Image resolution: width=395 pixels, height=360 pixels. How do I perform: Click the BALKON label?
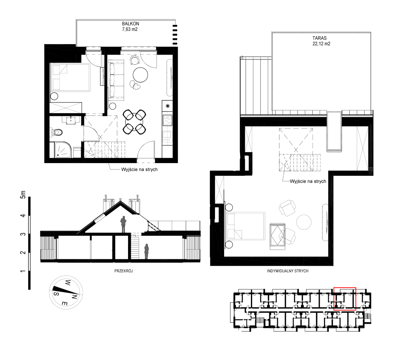tap(130, 24)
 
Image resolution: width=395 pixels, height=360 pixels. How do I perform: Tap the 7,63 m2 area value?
tap(130, 29)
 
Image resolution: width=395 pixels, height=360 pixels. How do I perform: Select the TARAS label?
tap(319, 38)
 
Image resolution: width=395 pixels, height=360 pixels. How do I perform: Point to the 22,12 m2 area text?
tap(321, 44)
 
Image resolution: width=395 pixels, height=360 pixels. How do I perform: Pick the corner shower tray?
tap(63, 150)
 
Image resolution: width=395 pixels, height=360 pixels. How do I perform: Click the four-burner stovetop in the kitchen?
tap(167, 120)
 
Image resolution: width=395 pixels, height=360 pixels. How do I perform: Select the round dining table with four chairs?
tap(134, 122)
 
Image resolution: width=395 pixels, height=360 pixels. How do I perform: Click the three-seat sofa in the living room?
tap(117, 79)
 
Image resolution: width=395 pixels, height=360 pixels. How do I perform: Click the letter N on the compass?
tap(74, 297)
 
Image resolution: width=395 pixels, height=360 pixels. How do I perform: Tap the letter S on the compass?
tap(57, 294)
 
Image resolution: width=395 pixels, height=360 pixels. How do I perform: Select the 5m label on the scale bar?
tap(23, 195)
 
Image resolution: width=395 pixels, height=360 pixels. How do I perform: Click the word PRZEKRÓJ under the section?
tap(123, 271)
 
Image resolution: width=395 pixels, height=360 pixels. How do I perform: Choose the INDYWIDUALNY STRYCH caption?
tap(288, 271)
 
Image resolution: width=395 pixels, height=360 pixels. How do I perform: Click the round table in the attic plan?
tap(304, 222)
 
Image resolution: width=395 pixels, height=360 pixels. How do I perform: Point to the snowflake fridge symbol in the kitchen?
tap(167, 106)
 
